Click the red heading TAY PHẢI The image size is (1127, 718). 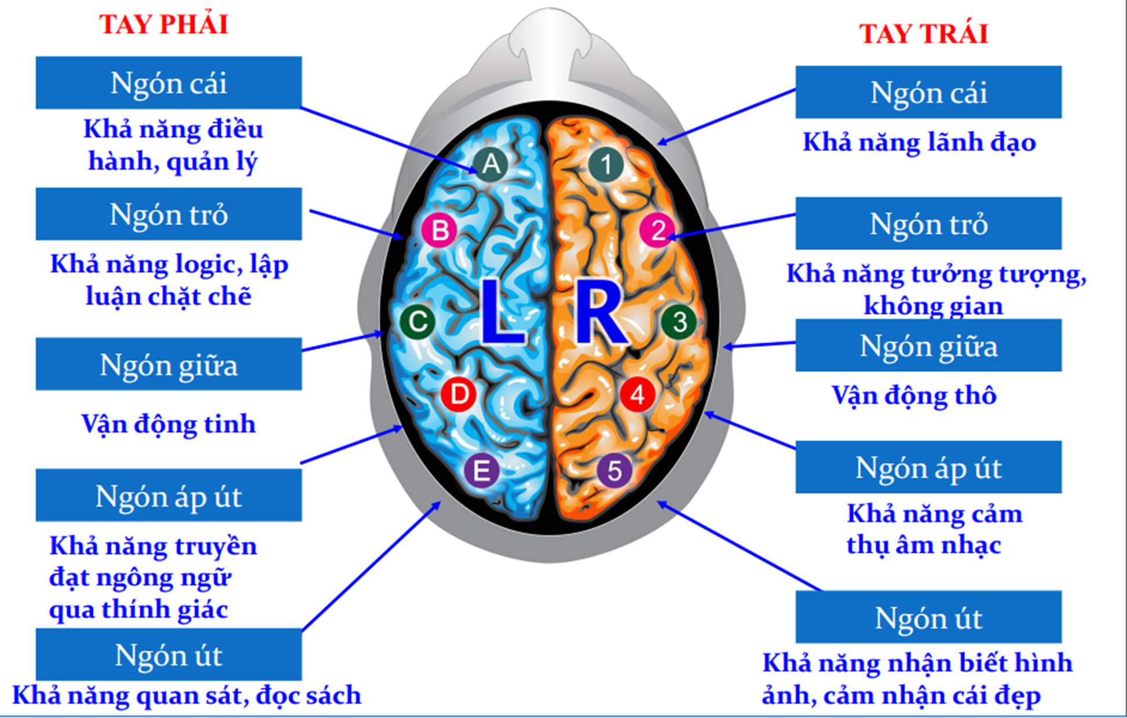pos(164,24)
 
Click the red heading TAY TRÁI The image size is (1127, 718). pos(923,34)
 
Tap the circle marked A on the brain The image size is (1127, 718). pos(491,164)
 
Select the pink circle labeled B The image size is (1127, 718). pos(440,230)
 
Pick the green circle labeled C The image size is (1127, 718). pos(418,321)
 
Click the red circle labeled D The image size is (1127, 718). pos(459,394)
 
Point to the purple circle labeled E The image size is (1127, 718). pos(481,470)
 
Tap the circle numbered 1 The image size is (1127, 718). pos(606,164)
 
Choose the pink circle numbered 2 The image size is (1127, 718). pos(657,230)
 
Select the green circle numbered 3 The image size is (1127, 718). pos(679,321)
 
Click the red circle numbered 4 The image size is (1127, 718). pos(638,394)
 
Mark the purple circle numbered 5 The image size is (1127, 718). pos(614,470)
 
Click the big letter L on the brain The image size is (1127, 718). pos(502,313)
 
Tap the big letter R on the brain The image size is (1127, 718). pos(599,313)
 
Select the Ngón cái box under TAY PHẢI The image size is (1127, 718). pos(169,83)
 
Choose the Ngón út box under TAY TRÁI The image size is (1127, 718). pos(928,617)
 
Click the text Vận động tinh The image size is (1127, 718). pos(169,423)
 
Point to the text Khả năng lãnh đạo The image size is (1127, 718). pos(919,142)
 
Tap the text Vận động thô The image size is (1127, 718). pos(914,395)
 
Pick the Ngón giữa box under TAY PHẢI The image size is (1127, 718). pos(169,364)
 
